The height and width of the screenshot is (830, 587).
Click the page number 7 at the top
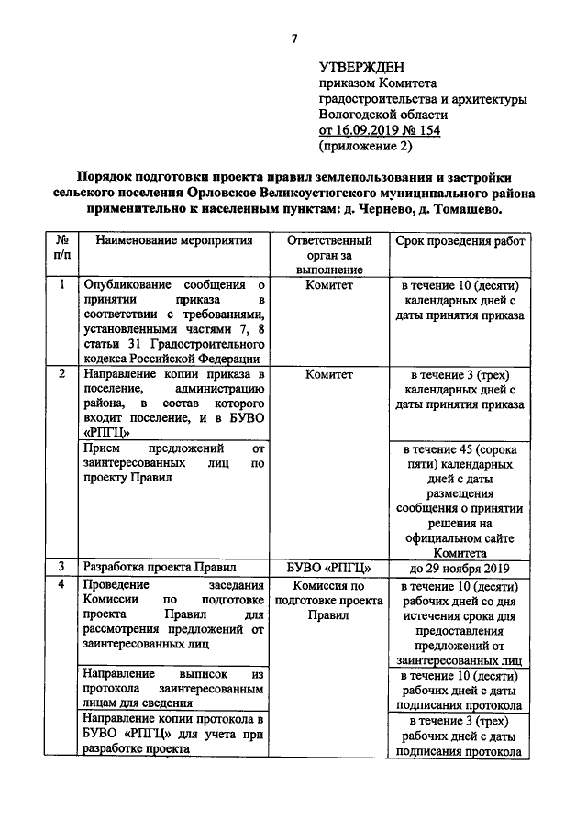click(x=294, y=39)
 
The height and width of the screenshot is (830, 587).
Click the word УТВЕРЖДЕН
click(x=361, y=68)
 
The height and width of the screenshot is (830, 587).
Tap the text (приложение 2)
click(x=365, y=146)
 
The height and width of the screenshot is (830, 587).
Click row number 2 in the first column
click(x=61, y=374)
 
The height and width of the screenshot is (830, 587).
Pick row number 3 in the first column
click(x=61, y=566)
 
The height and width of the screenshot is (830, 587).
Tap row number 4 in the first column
click(x=61, y=584)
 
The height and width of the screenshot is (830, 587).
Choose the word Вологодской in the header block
click(x=358, y=115)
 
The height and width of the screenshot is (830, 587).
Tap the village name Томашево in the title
click(x=464, y=209)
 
